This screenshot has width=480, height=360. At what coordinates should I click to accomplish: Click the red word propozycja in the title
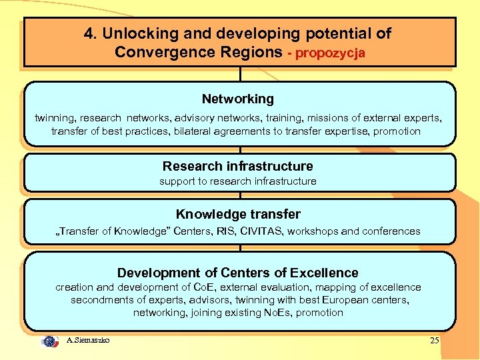pos(331,53)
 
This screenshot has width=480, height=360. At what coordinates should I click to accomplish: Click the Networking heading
pos(238,99)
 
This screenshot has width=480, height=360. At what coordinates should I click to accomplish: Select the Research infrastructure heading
pos(238,167)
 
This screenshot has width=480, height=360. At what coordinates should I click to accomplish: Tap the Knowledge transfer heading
pos(238,215)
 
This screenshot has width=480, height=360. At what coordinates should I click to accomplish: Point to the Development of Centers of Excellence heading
pos(238,273)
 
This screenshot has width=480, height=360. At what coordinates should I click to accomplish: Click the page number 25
pos(434,341)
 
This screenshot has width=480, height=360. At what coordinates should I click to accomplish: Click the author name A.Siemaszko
pos(88,341)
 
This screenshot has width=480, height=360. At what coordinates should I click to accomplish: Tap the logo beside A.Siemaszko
pos(50,341)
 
